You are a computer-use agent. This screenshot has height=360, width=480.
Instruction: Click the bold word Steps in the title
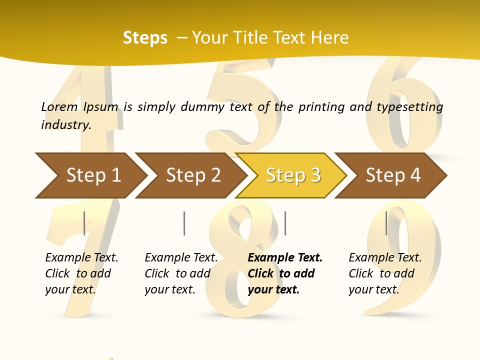(145, 38)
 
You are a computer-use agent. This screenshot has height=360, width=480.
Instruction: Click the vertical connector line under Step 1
(84, 223)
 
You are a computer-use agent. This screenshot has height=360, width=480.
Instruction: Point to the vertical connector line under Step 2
(184, 223)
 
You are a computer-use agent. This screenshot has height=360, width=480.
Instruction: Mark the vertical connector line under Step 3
(285, 223)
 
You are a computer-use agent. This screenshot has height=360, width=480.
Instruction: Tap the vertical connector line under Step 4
(386, 223)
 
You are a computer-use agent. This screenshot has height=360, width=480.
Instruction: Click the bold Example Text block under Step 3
(285, 273)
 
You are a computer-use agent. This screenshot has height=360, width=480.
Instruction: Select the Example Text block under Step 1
(81, 273)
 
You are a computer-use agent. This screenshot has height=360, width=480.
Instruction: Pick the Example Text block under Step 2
(181, 273)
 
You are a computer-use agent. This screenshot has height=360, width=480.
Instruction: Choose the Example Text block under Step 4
(385, 273)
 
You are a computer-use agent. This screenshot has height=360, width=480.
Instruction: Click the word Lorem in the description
(59, 107)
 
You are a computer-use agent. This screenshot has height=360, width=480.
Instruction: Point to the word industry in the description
(65, 125)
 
